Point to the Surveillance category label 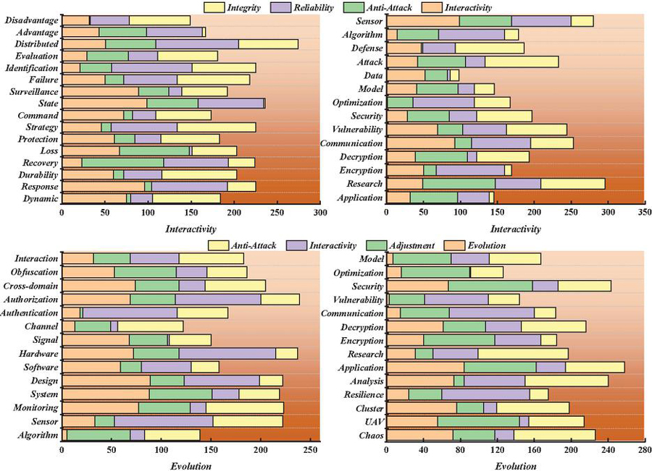tap(34, 91)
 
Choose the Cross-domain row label tap(33, 286)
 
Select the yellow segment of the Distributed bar tap(268, 44)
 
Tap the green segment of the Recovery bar tap(122, 162)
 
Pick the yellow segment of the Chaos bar tap(554, 435)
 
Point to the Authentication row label tap(30, 313)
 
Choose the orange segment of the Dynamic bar tap(94, 198)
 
